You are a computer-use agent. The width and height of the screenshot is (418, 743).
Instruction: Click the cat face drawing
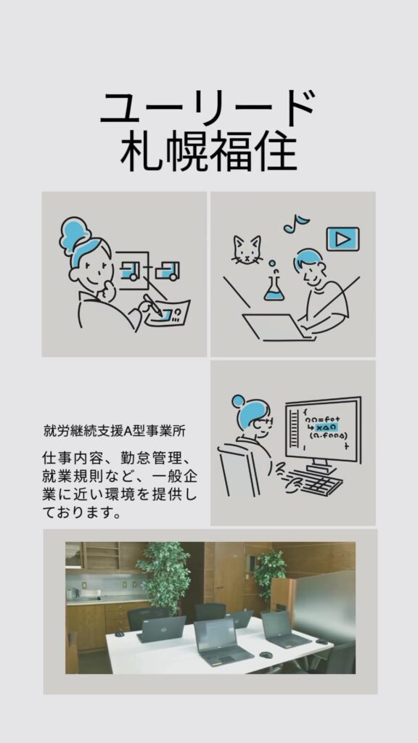tap(247, 250)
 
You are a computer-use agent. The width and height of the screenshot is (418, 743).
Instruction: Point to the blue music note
tap(296, 223)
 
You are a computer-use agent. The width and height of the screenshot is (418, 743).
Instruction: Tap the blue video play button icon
tap(343, 239)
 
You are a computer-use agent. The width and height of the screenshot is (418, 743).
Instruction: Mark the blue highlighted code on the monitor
tap(326, 427)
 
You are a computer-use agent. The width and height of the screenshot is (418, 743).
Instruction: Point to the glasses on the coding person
tap(264, 422)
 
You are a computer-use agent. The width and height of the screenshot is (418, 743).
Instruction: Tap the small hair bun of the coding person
tap(238, 401)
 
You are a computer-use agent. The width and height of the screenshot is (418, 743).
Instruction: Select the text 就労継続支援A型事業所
tap(114, 431)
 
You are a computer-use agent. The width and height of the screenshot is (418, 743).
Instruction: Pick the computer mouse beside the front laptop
tap(266, 654)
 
